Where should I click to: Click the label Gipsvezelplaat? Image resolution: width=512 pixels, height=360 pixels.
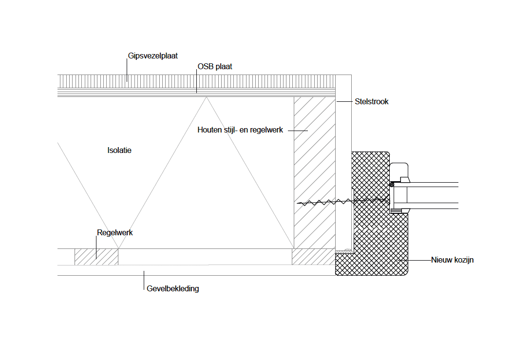click(x=153, y=56)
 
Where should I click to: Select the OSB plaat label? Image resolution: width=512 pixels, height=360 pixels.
click(x=214, y=67)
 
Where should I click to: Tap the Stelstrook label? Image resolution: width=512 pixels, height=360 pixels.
click(x=372, y=102)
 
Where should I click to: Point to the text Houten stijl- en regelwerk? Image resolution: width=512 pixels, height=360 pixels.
click(x=240, y=130)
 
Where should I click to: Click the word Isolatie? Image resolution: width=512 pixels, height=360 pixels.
click(x=119, y=150)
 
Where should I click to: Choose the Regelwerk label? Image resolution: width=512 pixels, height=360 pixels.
click(x=115, y=233)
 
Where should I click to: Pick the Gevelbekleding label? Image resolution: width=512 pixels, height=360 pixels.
click(x=173, y=288)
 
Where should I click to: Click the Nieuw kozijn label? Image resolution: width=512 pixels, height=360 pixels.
click(x=452, y=260)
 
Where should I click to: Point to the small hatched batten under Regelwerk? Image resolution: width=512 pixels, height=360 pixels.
click(x=96, y=257)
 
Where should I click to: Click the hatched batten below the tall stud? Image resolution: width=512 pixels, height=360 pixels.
click(x=313, y=257)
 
